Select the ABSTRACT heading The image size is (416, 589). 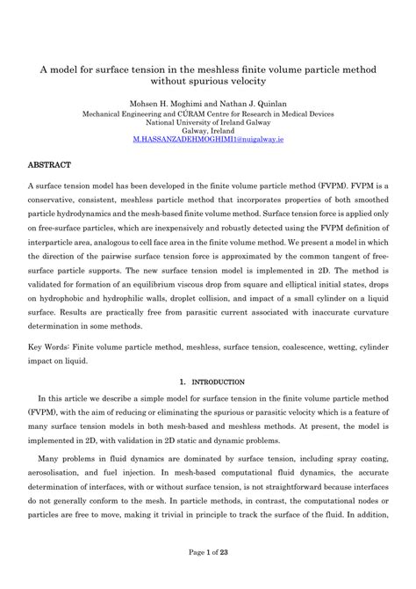(50, 164)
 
